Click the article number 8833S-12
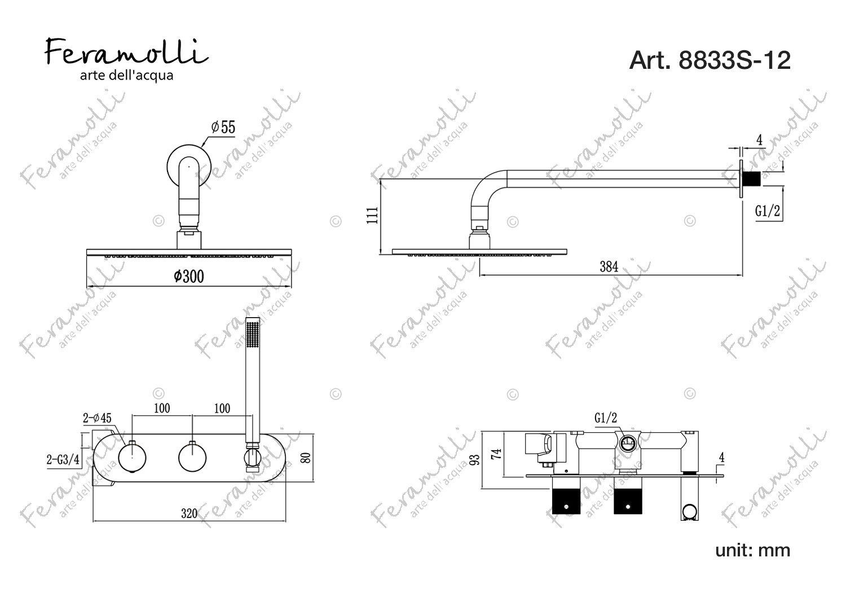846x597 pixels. (710, 60)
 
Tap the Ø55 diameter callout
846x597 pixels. (223, 128)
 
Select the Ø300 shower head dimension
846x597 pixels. (189, 276)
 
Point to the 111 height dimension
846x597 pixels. (372, 216)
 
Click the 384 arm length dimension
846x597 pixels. (609, 267)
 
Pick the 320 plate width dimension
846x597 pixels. (189, 513)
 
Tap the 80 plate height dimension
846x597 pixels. (306, 458)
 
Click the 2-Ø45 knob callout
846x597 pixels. (97, 418)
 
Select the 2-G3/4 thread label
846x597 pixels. (63, 459)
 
